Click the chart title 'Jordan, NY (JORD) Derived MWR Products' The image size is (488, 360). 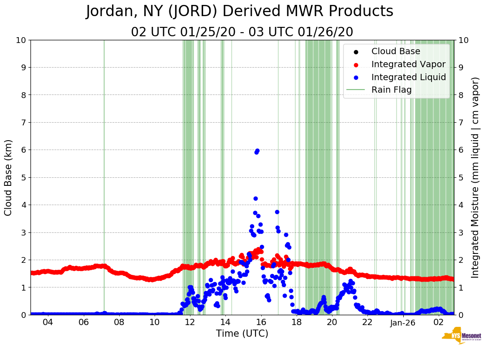point(239,12)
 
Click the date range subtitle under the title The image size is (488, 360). point(242,32)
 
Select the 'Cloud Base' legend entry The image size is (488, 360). point(396,51)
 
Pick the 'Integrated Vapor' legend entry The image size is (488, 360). point(408,64)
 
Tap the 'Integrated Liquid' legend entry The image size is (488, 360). point(408,77)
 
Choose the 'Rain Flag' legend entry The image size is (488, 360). point(391,90)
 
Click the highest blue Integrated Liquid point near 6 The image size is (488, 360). point(257,151)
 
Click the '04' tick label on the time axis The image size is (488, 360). point(48,322)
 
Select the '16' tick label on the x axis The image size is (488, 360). point(261,322)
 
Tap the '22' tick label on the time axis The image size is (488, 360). point(367,322)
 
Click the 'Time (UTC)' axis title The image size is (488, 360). point(242,334)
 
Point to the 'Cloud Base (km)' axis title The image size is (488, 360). point(9,177)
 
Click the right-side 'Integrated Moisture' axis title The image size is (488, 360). point(475,177)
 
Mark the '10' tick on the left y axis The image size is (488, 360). point(21,40)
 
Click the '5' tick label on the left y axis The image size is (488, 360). point(23,178)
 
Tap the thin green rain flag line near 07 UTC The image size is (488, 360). point(104,179)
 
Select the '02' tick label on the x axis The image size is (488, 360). point(438,322)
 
